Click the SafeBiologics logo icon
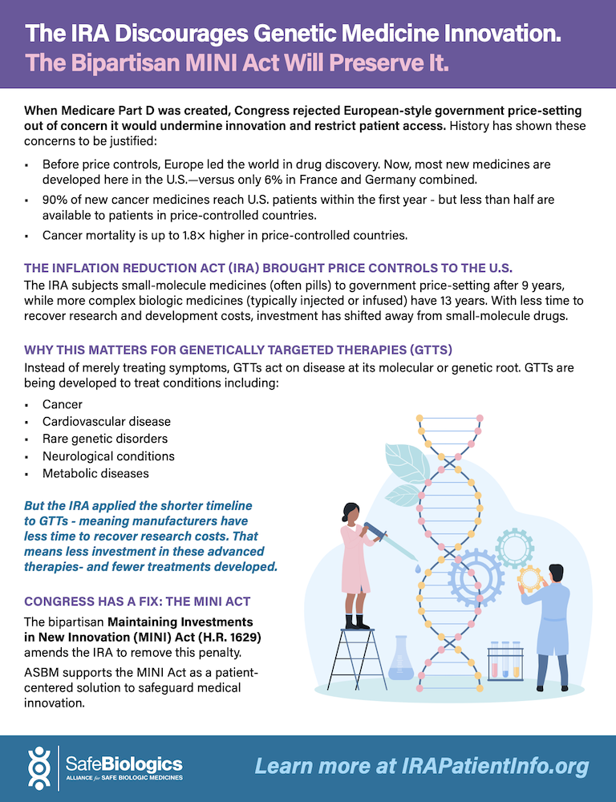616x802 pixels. click(x=39, y=768)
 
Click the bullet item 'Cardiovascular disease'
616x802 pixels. click(x=107, y=422)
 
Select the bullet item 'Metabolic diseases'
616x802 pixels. click(x=95, y=474)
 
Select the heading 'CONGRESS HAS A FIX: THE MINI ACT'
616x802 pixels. click(x=137, y=601)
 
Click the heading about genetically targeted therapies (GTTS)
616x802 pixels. click(x=238, y=350)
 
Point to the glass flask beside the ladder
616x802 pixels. click(x=400, y=658)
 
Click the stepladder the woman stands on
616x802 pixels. click(x=357, y=660)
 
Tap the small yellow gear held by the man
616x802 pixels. click(x=529, y=578)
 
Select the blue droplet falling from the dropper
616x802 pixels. click(x=418, y=569)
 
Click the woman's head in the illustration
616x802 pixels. click(x=351, y=513)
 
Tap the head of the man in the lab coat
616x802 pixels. click(x=555, y=573)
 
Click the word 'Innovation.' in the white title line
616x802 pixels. click(x=502, y=34)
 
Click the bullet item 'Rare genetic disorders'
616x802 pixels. click(x=105, y=439)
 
